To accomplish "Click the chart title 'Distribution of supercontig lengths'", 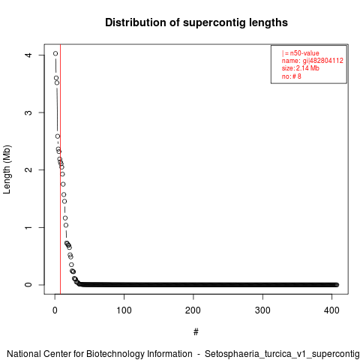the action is (196, 22).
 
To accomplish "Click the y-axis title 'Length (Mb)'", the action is (7, 169).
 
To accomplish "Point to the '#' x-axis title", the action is (196, 332).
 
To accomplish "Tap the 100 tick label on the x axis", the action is (124, 310).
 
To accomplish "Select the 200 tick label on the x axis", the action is (193, 310).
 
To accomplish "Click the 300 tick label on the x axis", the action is (262, 310).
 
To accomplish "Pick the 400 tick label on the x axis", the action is (331, 310).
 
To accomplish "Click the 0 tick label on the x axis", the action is (55, 310).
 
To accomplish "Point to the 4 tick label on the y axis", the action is (28, 55).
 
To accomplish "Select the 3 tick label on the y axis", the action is (28, 112).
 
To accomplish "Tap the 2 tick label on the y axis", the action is (28, 169).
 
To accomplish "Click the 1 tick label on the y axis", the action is (28, 227).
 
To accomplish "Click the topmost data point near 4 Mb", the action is (55, 53).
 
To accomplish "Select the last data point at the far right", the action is (337, 285).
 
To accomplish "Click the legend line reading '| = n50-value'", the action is (301, 53).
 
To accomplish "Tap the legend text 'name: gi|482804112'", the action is (313, 61).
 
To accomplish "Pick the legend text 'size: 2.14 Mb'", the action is (301, 68).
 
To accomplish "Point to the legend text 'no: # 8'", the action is (292, 76).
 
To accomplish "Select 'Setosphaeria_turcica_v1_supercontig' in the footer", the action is (282, 354).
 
